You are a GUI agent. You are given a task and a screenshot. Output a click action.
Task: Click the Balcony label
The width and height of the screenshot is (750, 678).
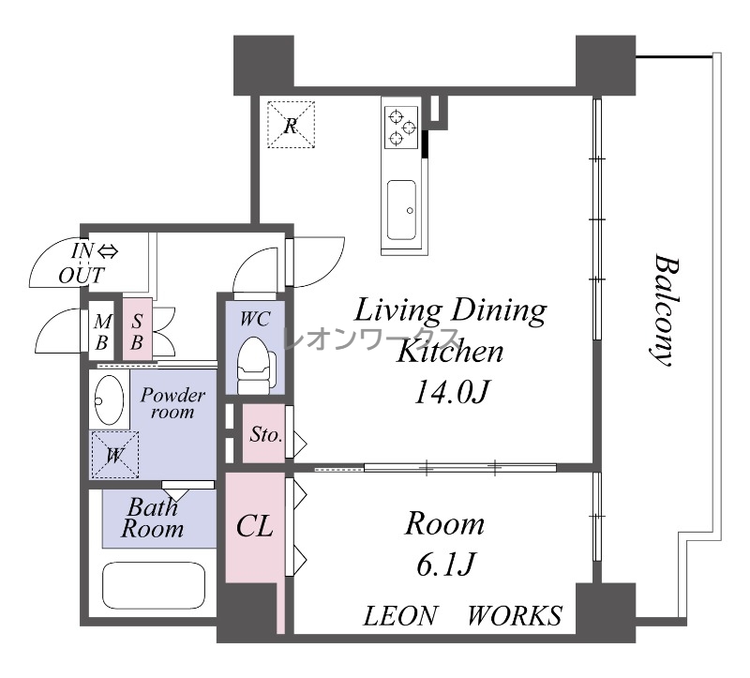coord(664,311)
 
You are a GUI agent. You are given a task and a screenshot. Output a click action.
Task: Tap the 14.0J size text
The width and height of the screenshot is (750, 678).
coord(451,392)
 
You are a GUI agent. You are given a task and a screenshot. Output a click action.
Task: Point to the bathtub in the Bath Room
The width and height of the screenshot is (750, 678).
coord(154,586)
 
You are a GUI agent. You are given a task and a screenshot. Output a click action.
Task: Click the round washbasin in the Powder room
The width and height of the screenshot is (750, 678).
coord(109,400)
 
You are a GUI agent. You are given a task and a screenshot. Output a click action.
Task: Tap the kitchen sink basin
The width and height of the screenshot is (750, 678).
coord(401,209)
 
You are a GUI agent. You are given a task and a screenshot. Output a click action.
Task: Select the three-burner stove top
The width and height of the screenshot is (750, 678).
coord(402,127)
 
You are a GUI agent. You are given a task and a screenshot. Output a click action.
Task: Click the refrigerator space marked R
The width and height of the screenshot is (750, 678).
coord(291,125)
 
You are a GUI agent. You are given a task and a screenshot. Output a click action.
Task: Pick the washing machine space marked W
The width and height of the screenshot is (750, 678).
coord(114,455)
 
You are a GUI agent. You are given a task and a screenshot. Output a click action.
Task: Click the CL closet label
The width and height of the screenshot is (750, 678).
coord(254,526)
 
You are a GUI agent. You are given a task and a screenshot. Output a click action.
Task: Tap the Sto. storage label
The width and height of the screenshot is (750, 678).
coord(266,434)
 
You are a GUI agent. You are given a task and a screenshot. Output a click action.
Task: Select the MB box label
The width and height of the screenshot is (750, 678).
coord(102,332)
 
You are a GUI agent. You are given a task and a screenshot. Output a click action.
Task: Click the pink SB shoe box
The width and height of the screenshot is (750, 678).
coord(137,329)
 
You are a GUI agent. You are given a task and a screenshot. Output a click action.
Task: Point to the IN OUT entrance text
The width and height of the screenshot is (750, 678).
coord(87,264)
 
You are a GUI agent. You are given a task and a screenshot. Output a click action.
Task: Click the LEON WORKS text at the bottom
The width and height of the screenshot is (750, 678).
coord(462,616)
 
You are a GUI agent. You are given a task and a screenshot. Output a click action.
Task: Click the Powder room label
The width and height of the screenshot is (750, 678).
coord(172,403)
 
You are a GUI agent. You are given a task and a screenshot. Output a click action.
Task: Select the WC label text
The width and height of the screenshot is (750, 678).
coord(255,319)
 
